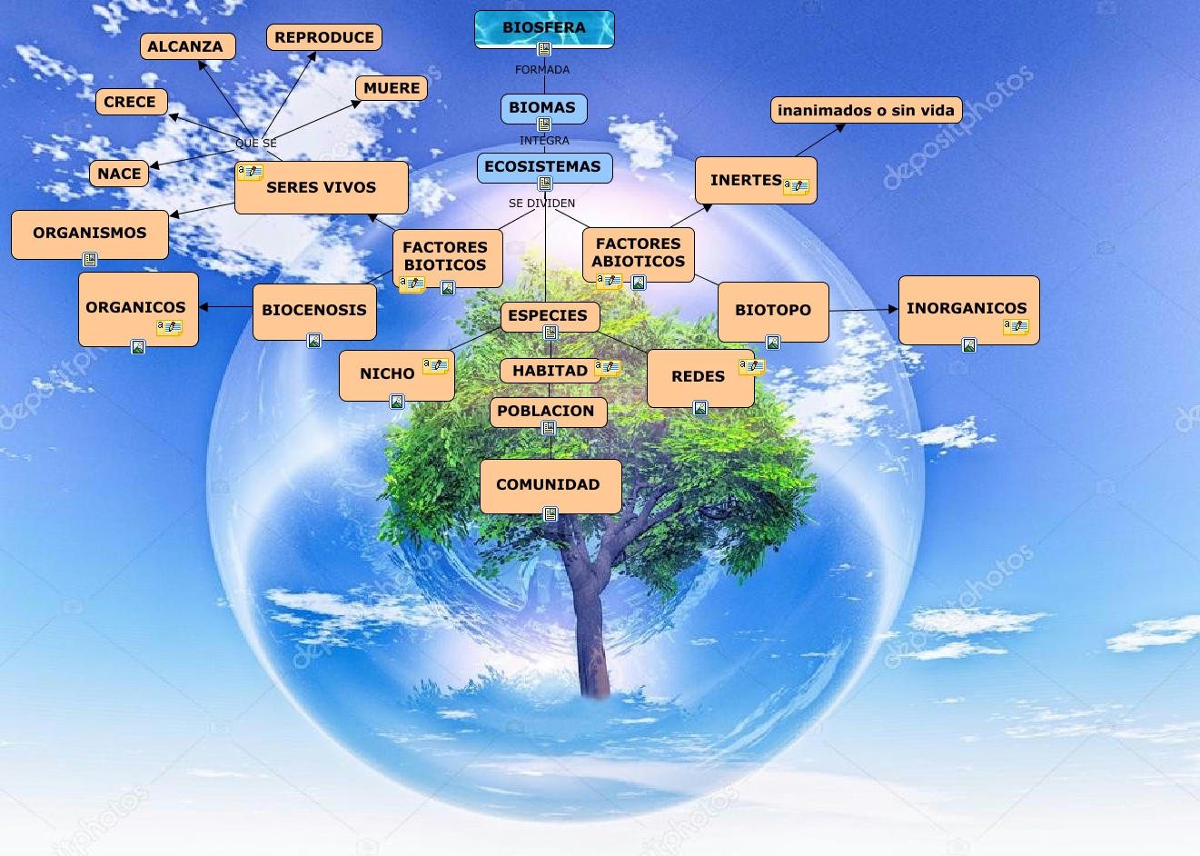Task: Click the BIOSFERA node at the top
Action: click(x=544, y=28)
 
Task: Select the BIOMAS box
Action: click(x=543, y=107)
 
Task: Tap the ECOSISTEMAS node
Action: click(x=543, y=167)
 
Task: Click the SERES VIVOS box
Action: click(x=322, y=188)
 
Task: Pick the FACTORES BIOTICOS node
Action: click(x=446, y=256)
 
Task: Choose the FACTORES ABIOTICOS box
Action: click(x=638, y=253)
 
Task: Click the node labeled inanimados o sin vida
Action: click(x=866, y=111)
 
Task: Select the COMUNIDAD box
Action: click(x=549, y=485)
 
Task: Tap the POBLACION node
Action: click(x=546, y=411)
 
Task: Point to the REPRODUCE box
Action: click(x=324, y=38)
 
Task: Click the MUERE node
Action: click(x=392, y=88)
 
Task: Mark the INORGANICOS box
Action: click(x=967, y=308)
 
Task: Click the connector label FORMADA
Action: click(x=542, y=70)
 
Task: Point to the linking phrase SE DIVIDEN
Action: click(x=541, y=204)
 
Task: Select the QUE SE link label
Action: click(x=256, y=144)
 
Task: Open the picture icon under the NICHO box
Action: click(x=397, y=402)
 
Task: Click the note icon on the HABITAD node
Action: click(x=607, y=368)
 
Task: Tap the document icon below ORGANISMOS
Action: click(x=90, y=260)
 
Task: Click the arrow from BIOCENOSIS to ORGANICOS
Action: click(x=225, y=307)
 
